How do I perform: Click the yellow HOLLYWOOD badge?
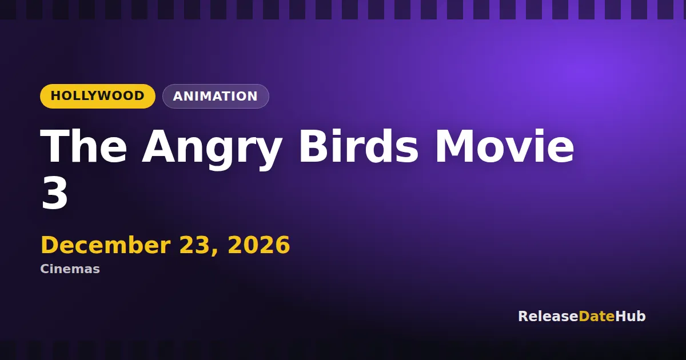(x=97, y=96)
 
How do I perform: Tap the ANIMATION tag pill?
(x=216, y=96)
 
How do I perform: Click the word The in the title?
(x=83, y=146)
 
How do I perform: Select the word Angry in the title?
(x=212, y=149)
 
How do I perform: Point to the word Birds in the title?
(x=358, y=146)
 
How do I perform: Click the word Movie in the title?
(x=505, y=146)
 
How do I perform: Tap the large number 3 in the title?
(x=54, y=194)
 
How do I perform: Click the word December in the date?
(x=106, y=245)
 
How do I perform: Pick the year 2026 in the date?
(x=259, y=245)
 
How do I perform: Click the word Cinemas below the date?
(x=70, y=269)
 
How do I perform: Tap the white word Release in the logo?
(x=548, y=316)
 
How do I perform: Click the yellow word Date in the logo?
(x=597, y=316)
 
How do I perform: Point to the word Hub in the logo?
(x=630, y=316)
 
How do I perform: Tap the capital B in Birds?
(x=314, y=146)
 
